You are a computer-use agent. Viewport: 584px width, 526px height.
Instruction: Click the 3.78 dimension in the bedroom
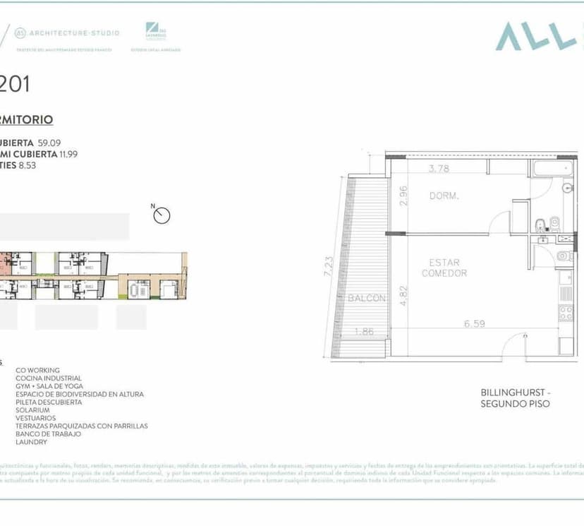coord(439,169)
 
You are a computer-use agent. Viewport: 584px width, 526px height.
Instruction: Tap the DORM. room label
coord(444,196)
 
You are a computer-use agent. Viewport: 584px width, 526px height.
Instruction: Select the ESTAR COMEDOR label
coord(444,268)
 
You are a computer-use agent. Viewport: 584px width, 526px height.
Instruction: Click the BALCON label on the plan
coord(367,299)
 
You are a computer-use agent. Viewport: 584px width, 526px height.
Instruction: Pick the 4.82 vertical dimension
coord(403,294)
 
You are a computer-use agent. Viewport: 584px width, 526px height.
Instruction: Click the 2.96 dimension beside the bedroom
coord(403,196)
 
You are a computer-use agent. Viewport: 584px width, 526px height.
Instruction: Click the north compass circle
coord(162,215)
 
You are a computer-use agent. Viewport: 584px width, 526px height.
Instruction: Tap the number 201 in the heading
coord(15,85)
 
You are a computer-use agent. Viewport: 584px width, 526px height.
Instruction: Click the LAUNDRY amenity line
coord(32,442)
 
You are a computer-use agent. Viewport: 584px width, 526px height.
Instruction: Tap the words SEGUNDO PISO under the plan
coord(515,404)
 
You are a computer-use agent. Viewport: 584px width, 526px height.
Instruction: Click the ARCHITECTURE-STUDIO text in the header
coord(74,33)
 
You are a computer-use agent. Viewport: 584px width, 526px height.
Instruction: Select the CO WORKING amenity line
coord(37,370)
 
